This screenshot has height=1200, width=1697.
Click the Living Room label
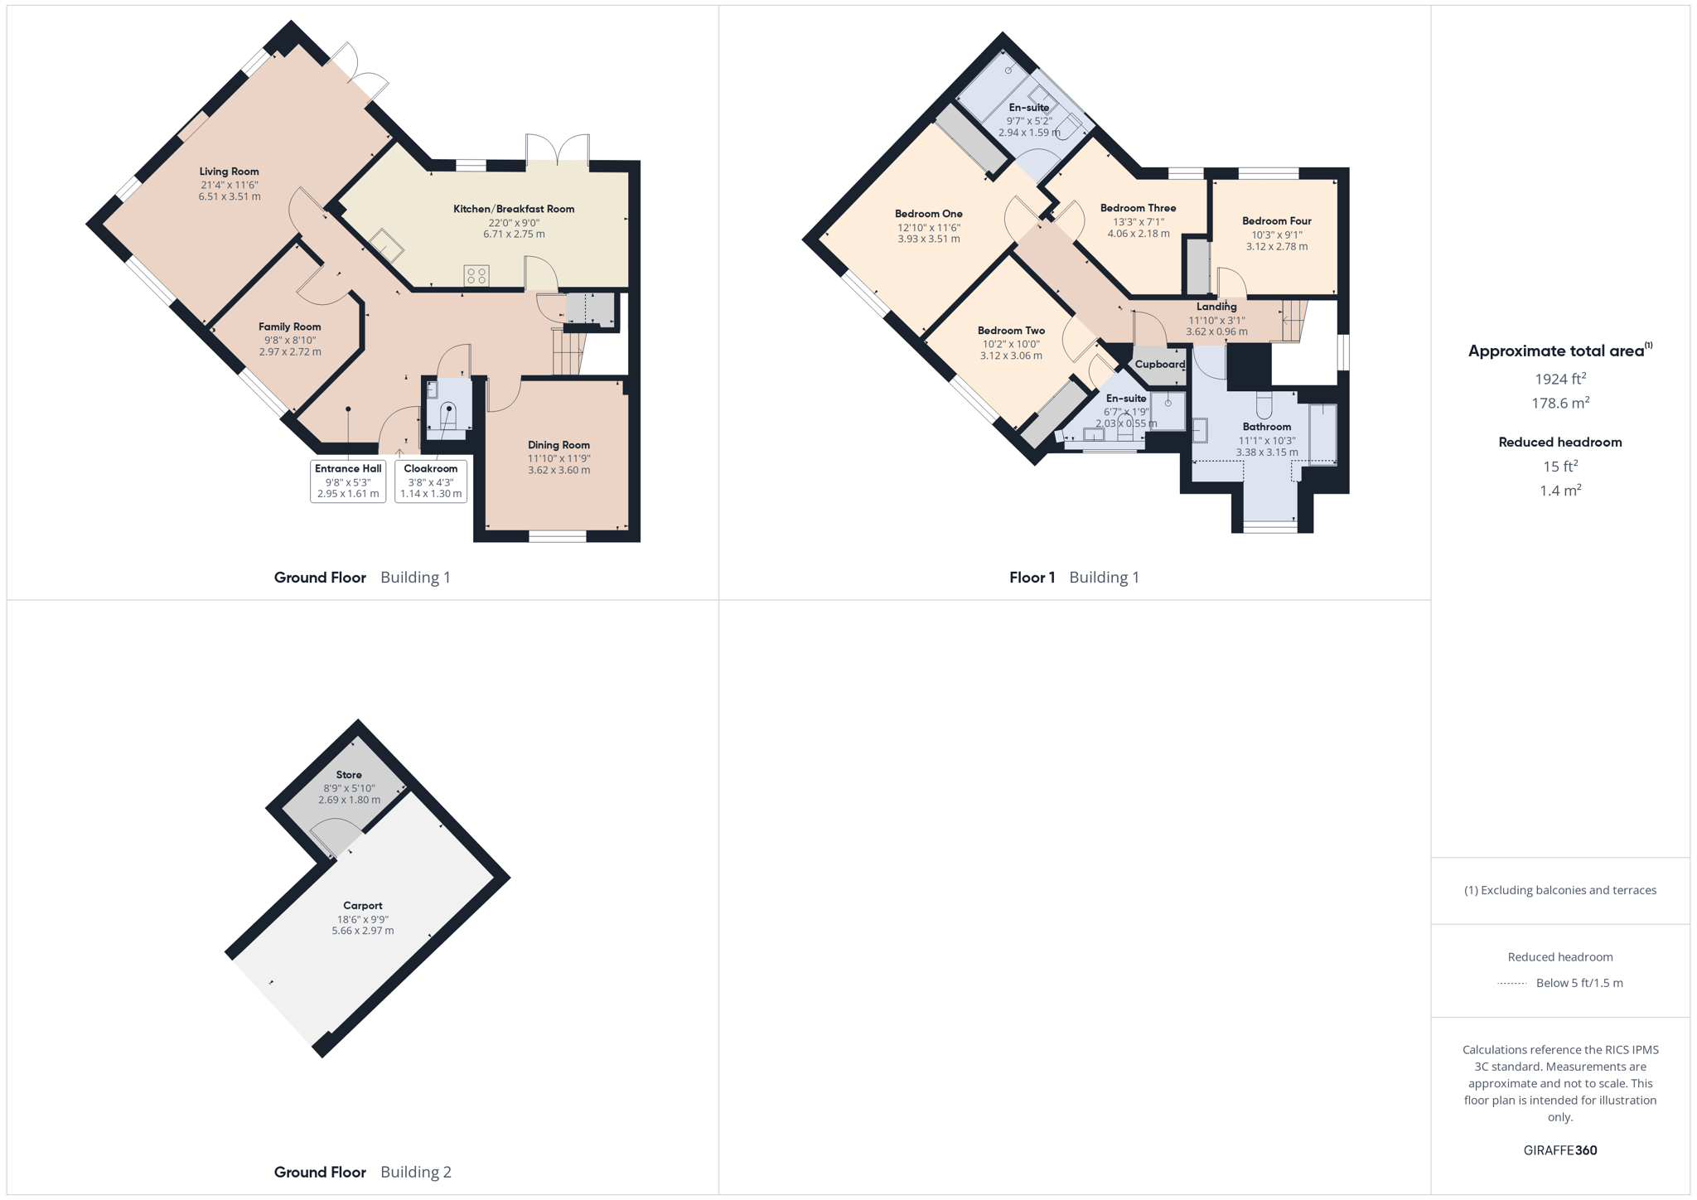click(229, 172)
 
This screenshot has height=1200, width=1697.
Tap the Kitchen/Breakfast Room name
click(514, 209)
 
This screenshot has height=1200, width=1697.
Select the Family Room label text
click(289, 327)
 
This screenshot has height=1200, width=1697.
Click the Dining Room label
click(558, 445)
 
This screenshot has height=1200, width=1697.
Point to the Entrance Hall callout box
click(348, 481)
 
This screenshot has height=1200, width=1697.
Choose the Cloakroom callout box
click(431, 481)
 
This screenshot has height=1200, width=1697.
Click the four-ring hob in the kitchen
click(476, 275)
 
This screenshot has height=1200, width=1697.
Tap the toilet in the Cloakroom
click(448, 414)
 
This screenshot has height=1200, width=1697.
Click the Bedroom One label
click(929, 214)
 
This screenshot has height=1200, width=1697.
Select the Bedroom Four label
click(1277, 221)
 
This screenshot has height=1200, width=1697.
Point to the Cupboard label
click(1160, 365)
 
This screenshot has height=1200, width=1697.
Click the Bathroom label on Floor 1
click(1267, 427)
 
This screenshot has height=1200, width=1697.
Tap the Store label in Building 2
click(349, 775)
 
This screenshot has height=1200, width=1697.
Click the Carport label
click(363, 906)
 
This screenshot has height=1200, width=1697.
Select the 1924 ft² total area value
click(1560, 379)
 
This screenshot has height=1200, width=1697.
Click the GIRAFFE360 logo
click(1560, 1150)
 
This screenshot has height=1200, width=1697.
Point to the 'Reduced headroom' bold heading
click(1560, 443)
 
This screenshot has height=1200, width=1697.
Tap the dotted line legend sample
click(1512, 984)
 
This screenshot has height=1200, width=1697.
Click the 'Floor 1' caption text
click(1032, 578)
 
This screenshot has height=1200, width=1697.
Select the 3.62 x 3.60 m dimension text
click(559, 471)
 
